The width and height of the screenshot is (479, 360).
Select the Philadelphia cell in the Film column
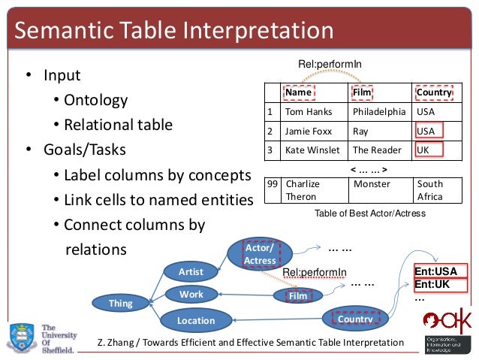click(379, 112)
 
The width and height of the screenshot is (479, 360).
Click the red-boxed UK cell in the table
click(429, 150)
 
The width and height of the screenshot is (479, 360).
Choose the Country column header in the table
click(434, 92)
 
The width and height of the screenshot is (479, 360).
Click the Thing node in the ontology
click(120, 304)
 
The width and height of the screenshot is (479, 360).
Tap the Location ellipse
click(195, 321)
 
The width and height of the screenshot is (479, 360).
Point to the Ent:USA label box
click(440, 271)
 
